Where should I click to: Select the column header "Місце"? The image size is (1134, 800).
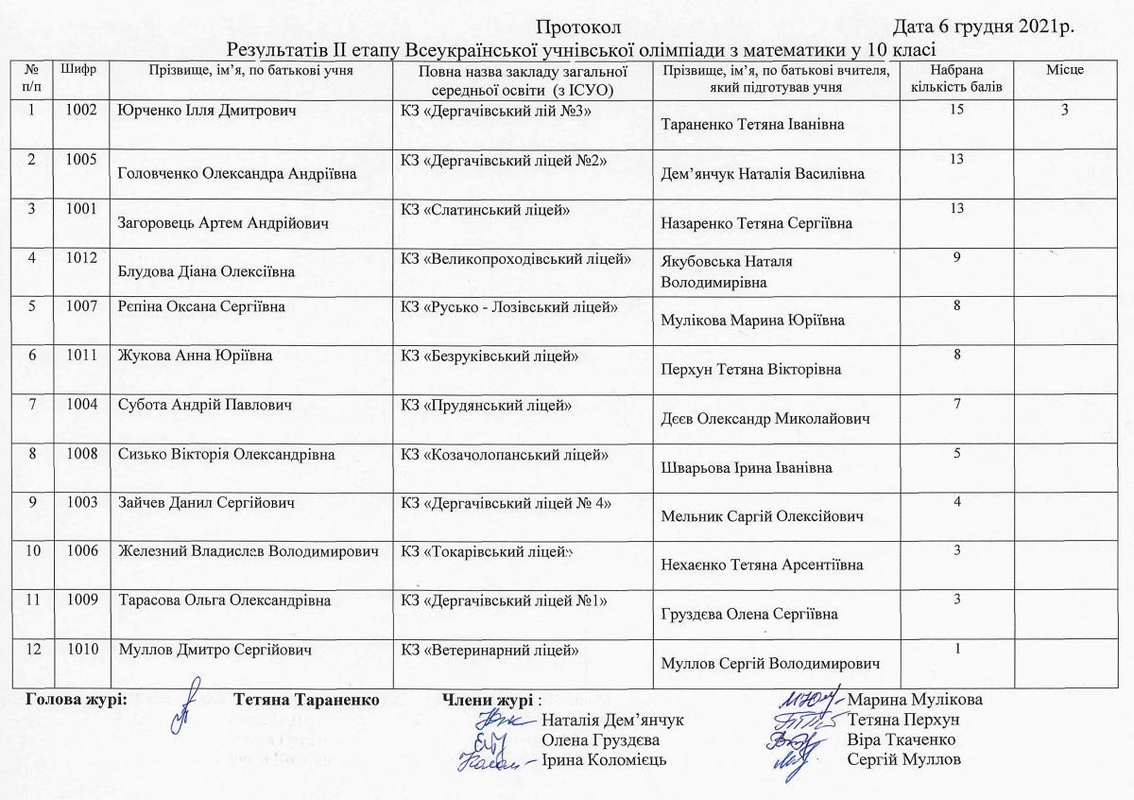coord(1064,70)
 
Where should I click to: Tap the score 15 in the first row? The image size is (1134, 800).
coord(957,110)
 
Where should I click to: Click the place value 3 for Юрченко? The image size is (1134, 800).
coord(1064,111)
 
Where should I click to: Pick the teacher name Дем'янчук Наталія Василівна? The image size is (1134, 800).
coord(763,174)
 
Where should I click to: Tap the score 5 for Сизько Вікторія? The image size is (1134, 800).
coord(957,453)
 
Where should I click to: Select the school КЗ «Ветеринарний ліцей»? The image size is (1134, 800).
coord(489,650)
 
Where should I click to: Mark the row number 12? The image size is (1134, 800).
coord(33,650)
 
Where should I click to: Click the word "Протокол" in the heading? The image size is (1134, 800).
coord(576,26)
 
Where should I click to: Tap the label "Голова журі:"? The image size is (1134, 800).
coord(77,700)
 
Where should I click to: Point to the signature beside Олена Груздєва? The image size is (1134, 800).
coord(490,741)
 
